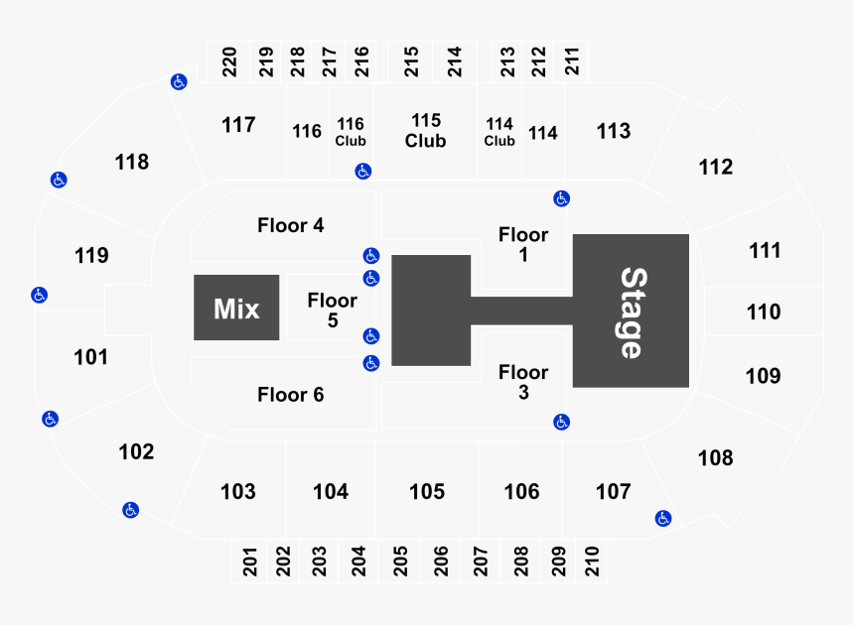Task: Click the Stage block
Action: (632, 311)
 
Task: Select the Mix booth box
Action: (236, 308)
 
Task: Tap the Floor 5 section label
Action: (332, 310)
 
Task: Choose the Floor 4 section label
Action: (290, 225)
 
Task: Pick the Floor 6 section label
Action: (290, 395)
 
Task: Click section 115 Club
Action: (425, 130)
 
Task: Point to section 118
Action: (132, 161)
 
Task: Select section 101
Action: (90, 356)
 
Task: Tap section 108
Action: (715, 457)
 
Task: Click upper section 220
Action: (229, 62)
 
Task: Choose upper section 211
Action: (572, 62)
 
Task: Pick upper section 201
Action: (250, 562)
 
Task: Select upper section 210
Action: (593, 562)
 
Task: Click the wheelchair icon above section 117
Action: (179, 81)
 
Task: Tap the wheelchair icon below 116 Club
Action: (363, 172)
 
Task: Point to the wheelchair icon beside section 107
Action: (663, 518)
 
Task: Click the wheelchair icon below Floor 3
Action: (562, 422)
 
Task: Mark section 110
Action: (764, 312)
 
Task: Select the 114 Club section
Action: (499, 131)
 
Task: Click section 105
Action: (426, 491)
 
